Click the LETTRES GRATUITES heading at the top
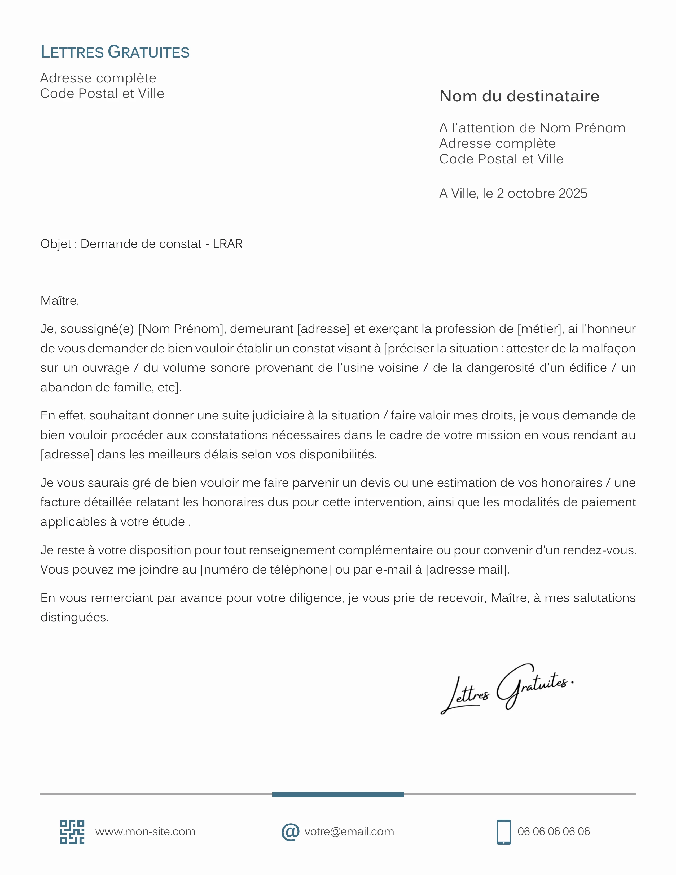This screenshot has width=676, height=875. click(115, 52)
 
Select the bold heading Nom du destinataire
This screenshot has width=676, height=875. click(519, 96)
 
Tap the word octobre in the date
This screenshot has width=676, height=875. click(531, 194)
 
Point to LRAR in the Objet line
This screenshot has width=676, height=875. click(227, 244)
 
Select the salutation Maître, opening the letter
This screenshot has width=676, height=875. click(60, 300)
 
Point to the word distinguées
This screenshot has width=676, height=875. click(74, 617)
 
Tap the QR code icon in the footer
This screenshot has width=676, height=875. click(72, 832)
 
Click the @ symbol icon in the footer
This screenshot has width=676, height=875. click(290, 832)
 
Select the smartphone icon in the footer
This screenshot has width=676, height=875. click(503, 832)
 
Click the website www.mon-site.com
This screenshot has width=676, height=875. click(145, 832)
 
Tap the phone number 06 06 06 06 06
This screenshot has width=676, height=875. click(554, 832)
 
